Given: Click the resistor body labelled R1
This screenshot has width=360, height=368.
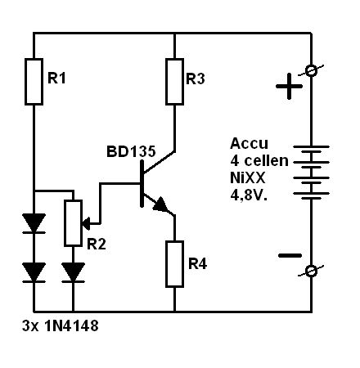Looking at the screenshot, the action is click(x=34, y=82).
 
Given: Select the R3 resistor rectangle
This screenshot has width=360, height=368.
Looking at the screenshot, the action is click(x=174, y=81).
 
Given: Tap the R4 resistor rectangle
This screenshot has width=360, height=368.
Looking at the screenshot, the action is click(x=174, y=264).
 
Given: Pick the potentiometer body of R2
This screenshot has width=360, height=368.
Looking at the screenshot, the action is click(x=73, y=223).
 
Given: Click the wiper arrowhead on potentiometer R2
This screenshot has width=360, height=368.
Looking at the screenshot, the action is click(x=86, y=223).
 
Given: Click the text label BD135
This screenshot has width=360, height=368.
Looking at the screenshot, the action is click(x=131, y=151).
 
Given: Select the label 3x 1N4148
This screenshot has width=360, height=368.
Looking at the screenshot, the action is click(x=60, y=325).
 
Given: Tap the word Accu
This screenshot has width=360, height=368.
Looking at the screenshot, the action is click(x=249, y=143).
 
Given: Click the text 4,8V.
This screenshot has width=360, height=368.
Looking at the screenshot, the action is click(x=249, y=195).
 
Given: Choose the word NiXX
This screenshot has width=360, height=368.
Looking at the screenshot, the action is click(x=247, y=178).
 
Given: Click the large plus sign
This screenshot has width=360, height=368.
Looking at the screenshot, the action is click(x=289, y=87).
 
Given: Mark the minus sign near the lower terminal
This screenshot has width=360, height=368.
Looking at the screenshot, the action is click(x=290, y=255).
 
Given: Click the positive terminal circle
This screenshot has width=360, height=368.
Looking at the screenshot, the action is click(x=311, y=71).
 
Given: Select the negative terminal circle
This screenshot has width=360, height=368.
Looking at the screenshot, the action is click(x=311, y=272).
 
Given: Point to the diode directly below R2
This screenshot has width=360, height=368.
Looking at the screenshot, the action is click(x=73, y=272).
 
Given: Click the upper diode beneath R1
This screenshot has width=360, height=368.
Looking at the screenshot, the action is click(x=34, y=223).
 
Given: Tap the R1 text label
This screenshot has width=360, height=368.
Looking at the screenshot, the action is click(x=56, y=78).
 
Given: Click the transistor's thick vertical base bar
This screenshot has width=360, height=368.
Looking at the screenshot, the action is click(x=142, y=184).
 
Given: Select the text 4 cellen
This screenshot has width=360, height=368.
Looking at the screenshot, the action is click(x=259, y=161).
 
